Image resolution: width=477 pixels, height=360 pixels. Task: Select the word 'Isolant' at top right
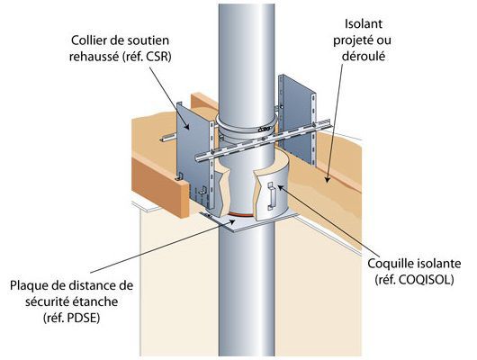(x=364, y=23)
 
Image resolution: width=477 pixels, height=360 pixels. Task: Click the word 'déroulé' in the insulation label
(x=364, y=56)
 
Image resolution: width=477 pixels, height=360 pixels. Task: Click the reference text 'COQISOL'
(x=425, y=280)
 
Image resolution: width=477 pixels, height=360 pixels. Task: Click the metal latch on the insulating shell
(x=272, y=196)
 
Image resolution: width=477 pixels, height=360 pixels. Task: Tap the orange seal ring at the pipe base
(x=241, y=215)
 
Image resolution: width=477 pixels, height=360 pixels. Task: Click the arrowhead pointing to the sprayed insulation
(x=327, y=179)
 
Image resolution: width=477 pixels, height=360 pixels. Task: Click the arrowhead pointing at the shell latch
(x=281, y=187)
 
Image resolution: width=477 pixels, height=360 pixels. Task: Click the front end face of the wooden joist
(x=160, y=187)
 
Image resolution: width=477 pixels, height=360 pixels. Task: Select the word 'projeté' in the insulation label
(x=353, y=40)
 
